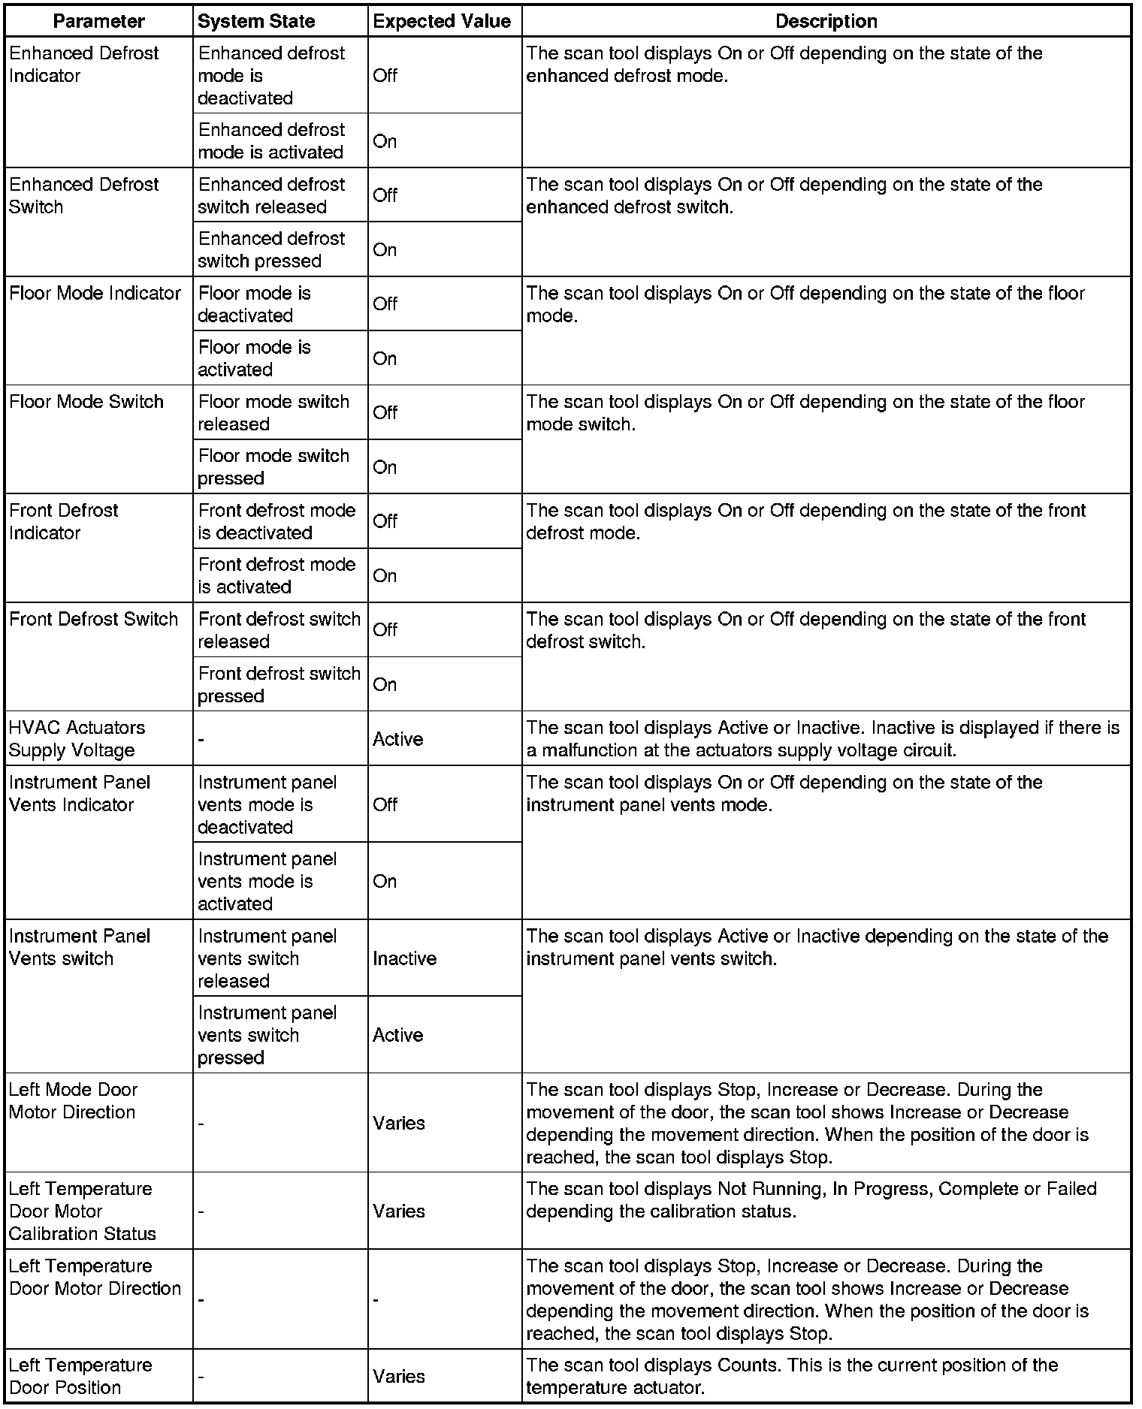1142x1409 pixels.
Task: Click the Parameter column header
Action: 98,21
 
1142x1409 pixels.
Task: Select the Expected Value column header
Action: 442,21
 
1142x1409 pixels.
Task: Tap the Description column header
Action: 826,21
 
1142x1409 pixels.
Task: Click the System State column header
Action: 256,21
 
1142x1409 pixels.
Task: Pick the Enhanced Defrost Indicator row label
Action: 83,65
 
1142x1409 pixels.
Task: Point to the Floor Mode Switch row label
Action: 86,402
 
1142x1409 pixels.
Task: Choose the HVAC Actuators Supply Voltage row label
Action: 77,738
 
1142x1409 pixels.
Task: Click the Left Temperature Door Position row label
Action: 80,1376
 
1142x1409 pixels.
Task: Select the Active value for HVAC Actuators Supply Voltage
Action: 398,739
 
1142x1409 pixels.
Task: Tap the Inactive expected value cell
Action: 404,958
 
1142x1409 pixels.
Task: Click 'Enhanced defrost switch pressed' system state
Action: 271,249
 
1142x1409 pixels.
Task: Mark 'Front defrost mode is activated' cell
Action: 276,575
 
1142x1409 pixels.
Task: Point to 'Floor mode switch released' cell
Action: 273,412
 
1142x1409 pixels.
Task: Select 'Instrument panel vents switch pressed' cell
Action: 267,1035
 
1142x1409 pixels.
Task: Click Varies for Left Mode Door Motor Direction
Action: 399,1123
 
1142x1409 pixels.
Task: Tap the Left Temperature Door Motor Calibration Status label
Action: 83,1211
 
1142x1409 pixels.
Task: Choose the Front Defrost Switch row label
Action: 94,619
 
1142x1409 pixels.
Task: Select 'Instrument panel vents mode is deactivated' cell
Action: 267,804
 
